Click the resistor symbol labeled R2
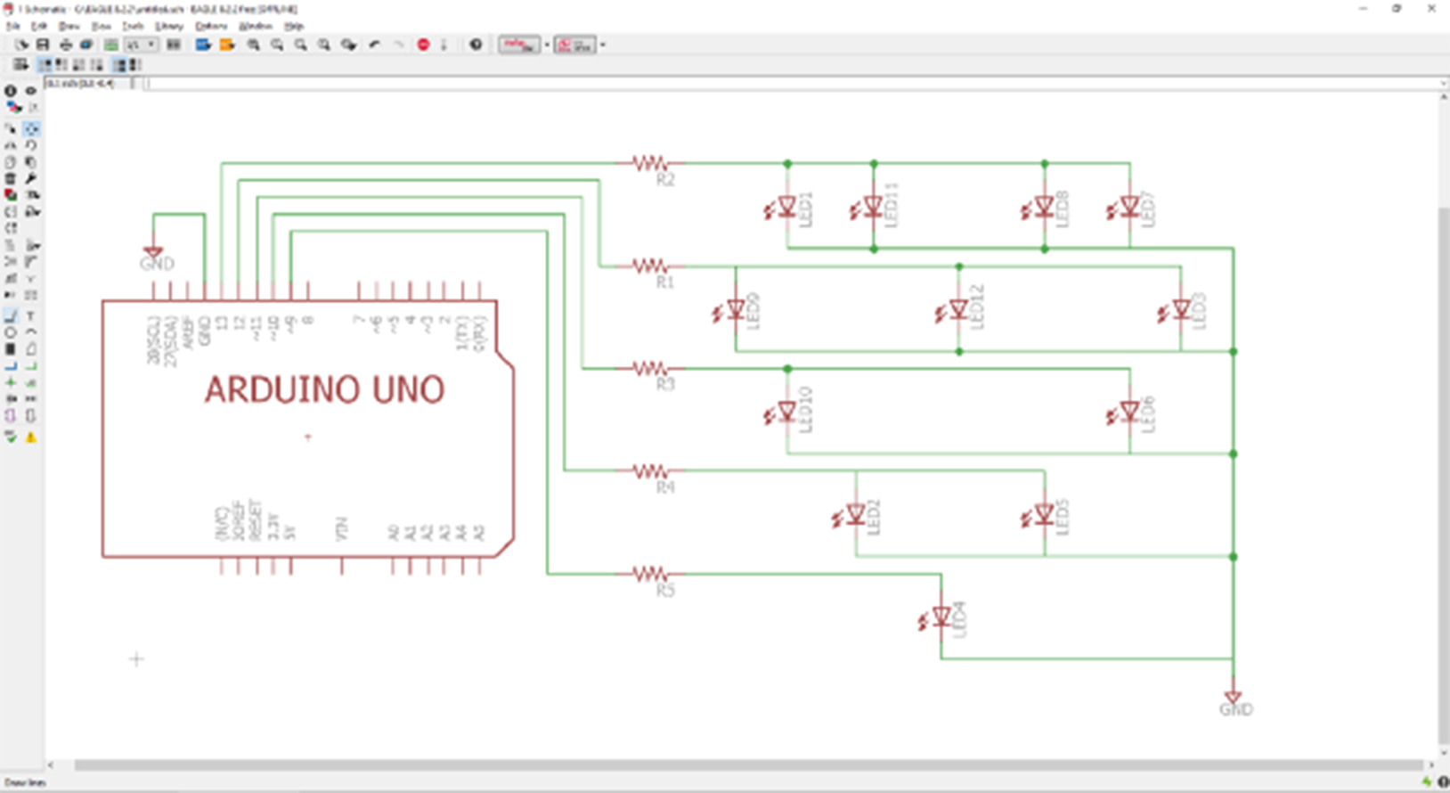pyautogui.click(x=650, y=163)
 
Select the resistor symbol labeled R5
pyautogui.click(x=650, y=573)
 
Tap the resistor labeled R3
pyautogui.click(x=650, y=368)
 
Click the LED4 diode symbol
pyautogui.click(x=941, y=617)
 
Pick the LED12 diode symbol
pyautogui.click(x=958, y=309)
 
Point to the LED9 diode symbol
pyautogui.click(x=735, y=309)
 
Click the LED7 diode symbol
pyautogui.click(x=1129, y=207)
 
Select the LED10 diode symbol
pyautogui.click(x=786, y=412)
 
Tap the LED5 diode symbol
pyautogui.click(x=1044, y=514)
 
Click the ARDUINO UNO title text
pyautogui.click(x=324, y=390)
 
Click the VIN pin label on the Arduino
pyautogui.click(x=342, y=529)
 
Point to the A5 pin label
pyautogui.click(x=479, y=532)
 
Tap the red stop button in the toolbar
pyautogui.click(x=423, y=45)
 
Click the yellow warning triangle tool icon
pyautogui.click(x=31, y=437)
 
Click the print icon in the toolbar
pyautogui.click(x=66, y=45)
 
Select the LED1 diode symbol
pyautogui.click(x=786, y=207)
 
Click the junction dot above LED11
pyautogui.click(x=874, y=164)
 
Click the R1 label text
pyautogui.click(x=664, y=282)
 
